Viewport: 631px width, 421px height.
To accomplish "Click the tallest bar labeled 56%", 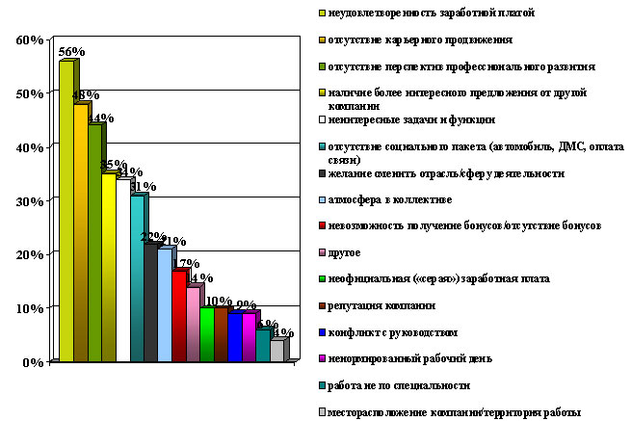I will (66, 212).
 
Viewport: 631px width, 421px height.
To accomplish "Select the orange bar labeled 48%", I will (80, 231).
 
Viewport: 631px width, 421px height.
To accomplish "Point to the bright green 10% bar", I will (207, 333).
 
